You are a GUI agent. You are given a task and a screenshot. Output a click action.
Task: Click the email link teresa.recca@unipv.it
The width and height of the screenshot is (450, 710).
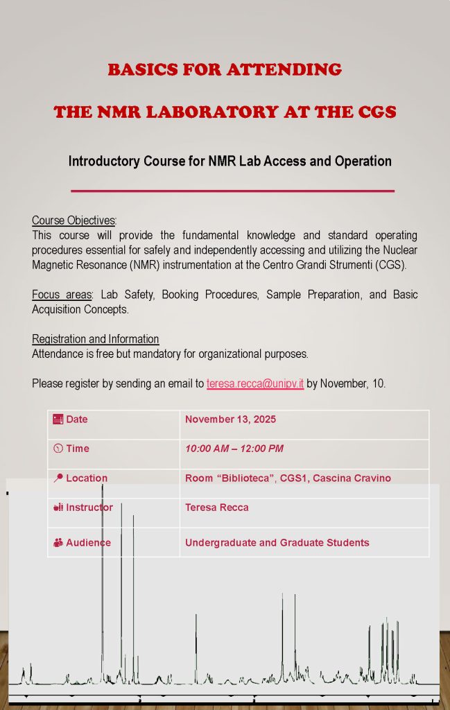point(255,383)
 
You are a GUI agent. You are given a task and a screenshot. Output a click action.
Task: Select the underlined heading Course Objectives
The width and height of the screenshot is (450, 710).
point(73,220)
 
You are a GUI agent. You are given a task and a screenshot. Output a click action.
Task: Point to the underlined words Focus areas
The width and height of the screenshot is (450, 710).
point(62,295)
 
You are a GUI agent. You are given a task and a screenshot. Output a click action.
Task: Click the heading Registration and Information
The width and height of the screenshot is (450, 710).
point(95,339)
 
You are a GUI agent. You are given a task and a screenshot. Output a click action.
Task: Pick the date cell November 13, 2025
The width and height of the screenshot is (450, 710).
point(230,419)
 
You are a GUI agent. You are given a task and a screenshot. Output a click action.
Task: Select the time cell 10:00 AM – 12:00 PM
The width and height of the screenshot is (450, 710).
point(234,449)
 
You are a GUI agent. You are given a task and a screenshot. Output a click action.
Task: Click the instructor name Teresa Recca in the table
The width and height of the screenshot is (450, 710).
point(216,508)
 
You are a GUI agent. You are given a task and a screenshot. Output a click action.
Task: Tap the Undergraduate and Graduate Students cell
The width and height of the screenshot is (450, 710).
point(277,543)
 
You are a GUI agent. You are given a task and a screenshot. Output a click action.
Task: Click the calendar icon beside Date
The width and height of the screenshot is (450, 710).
point(58,419)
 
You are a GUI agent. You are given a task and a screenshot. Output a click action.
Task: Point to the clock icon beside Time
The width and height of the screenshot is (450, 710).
point(58,449)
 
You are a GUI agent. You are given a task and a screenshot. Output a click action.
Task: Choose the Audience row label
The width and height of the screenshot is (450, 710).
point(88,543)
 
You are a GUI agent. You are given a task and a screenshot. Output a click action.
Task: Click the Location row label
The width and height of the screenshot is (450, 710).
point(87,478)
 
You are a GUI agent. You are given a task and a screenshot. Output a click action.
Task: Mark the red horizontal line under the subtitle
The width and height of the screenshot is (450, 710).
point(233,190)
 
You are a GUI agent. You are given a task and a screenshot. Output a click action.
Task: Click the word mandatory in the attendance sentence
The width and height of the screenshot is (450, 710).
point(179,354)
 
